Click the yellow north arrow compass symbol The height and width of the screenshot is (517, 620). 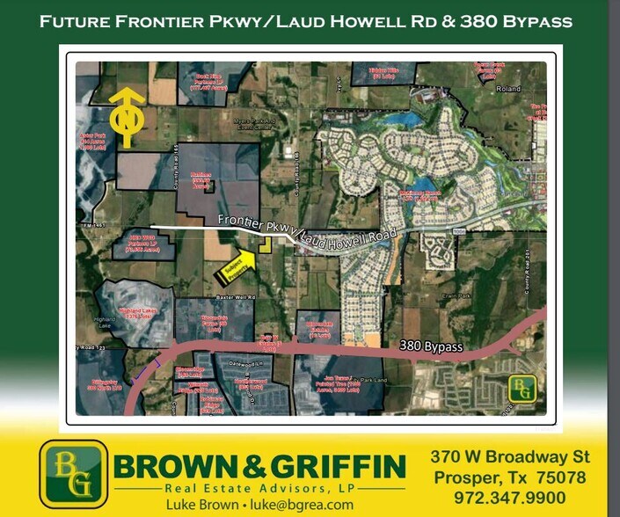[x=127, y=116]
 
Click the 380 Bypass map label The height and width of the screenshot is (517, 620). [x=431, y=346]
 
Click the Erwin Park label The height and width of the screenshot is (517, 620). [x=458, y=296]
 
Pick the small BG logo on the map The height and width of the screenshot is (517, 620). [x=523, y=388]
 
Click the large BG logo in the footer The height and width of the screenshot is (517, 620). [x=73, y=473]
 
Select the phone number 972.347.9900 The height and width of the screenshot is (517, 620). [x=510, y=498]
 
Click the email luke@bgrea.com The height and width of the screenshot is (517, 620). [x=303, y=505]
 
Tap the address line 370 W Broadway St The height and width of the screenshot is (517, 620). [x=510, y=457]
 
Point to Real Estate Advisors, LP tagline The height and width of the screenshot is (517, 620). [x=259, y=488]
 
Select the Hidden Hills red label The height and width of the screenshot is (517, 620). [x=383, y=74]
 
